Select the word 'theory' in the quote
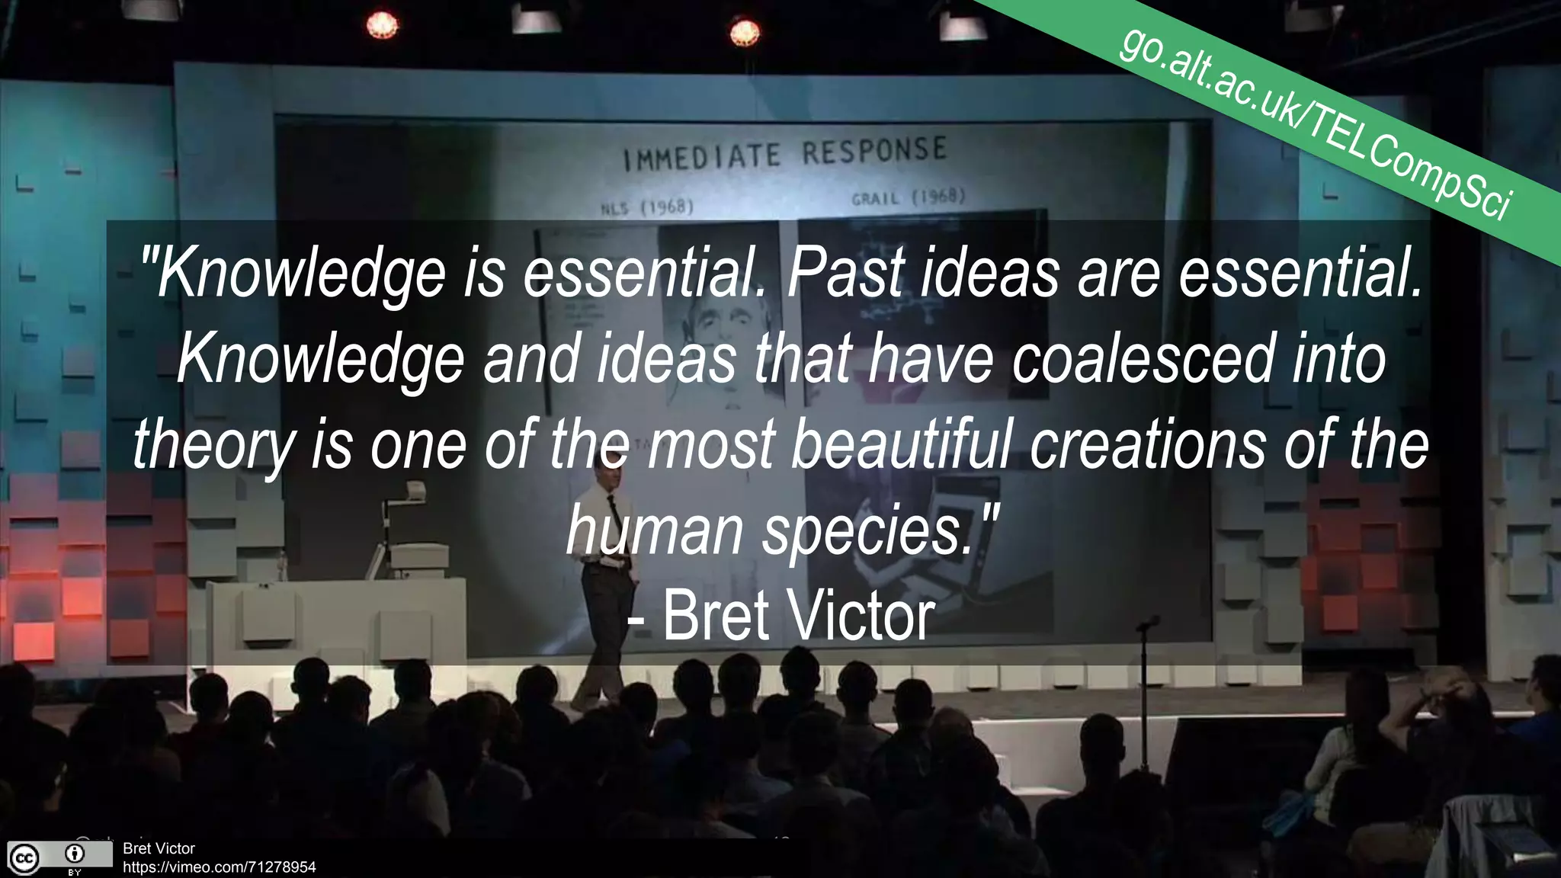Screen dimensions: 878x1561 pyautogui.click(x=214, y=447)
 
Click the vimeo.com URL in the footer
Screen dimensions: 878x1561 pyautogui.click(x=219, y=867)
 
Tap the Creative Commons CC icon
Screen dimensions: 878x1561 pyautogui.click(x=23, y=858)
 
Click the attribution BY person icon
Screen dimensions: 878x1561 pyautogui.click(x=75, y=854)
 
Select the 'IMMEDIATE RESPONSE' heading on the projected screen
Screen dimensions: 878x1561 pyautogui.click(x=784, y=153)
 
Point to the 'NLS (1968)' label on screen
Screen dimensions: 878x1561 pyautogui.click(x=647, y=207)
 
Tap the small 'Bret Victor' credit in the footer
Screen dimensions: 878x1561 pyautogui.click(x=159, y=848)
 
